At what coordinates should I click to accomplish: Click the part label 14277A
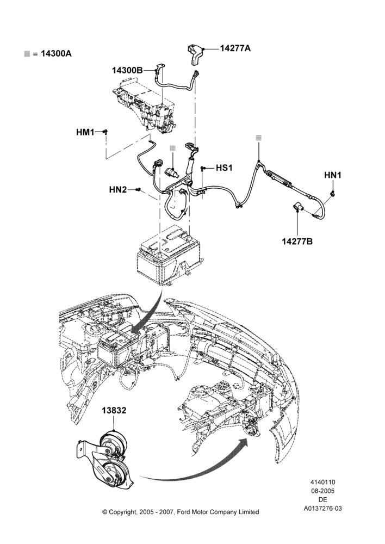coord(235,48)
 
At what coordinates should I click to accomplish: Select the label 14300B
coord(127,70)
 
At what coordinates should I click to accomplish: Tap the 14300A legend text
coord(57,53)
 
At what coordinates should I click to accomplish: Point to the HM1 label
coord(85,132)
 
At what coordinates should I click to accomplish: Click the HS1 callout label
coord(224,168)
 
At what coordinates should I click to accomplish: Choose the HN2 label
coord(118,190)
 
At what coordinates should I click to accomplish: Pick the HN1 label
coord(333,176)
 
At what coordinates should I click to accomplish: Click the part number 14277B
coord(297,241)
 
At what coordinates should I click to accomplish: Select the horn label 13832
coord(114,410)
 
